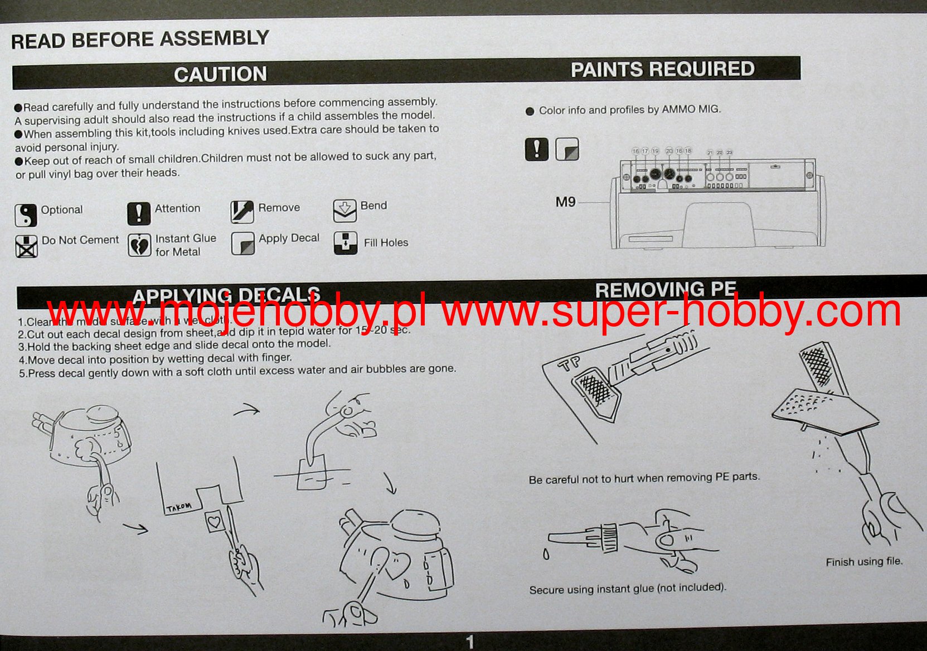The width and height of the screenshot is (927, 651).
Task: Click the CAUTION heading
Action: (x=220, y=75)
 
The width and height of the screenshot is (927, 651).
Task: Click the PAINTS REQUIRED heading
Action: (x=662, y=69)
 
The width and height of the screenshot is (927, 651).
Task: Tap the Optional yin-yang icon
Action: (x=26, y=215)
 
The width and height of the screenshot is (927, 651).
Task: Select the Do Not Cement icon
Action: (x=26, y=246)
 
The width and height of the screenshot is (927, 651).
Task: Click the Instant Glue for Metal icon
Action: (x=139, y=245)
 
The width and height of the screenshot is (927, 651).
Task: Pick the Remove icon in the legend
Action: (x=242, y=211)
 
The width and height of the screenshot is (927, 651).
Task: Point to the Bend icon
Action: (x=344, y=210)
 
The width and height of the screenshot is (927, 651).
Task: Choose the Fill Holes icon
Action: (x=345, y=243)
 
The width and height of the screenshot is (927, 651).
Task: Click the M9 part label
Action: (x=565, y=202)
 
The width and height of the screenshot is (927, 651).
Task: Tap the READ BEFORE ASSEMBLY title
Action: (x=140, y=40)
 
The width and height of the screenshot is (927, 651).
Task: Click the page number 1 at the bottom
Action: (x=469, y=642)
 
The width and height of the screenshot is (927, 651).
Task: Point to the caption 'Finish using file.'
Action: (x=864, y=562)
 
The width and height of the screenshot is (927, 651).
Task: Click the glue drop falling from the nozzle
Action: (x=546, y=554)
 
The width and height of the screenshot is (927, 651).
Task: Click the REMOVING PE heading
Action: (x=666, y=290)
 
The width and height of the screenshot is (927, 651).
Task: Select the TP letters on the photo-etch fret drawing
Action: (x=570, y=363)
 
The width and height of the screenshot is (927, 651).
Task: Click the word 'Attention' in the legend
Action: (x=177, y=208)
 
